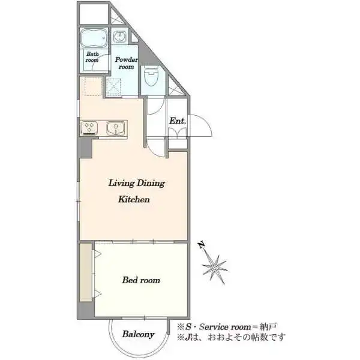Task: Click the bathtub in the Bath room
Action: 94,38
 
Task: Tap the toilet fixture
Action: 151,76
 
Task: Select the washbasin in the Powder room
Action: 119,37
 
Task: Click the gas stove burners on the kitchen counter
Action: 89,128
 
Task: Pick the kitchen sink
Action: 116,128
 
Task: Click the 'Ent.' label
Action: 177,121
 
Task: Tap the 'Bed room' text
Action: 141,280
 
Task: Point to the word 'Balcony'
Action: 138,334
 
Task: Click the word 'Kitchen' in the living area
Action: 134,199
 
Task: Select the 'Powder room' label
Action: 126,63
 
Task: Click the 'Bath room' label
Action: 92,57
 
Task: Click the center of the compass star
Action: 215,268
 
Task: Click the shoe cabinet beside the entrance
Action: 177,134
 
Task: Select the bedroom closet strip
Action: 86,272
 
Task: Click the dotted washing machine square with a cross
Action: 113,87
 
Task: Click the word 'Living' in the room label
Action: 121,184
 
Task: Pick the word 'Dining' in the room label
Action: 151,184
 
